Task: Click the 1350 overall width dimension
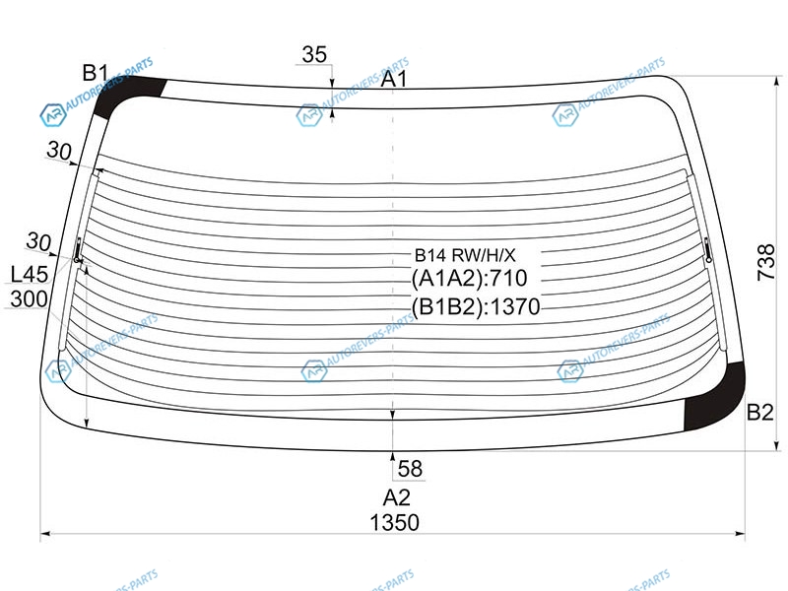tap(395, 523)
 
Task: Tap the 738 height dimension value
tap(766, 262)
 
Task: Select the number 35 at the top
tap(314, 54)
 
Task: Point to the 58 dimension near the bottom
tap(410, 469)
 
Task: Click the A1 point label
tap(393, 79)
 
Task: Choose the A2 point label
tap(397, 497)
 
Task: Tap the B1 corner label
tap(96, 73)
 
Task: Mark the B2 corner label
tap(759, 413)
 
